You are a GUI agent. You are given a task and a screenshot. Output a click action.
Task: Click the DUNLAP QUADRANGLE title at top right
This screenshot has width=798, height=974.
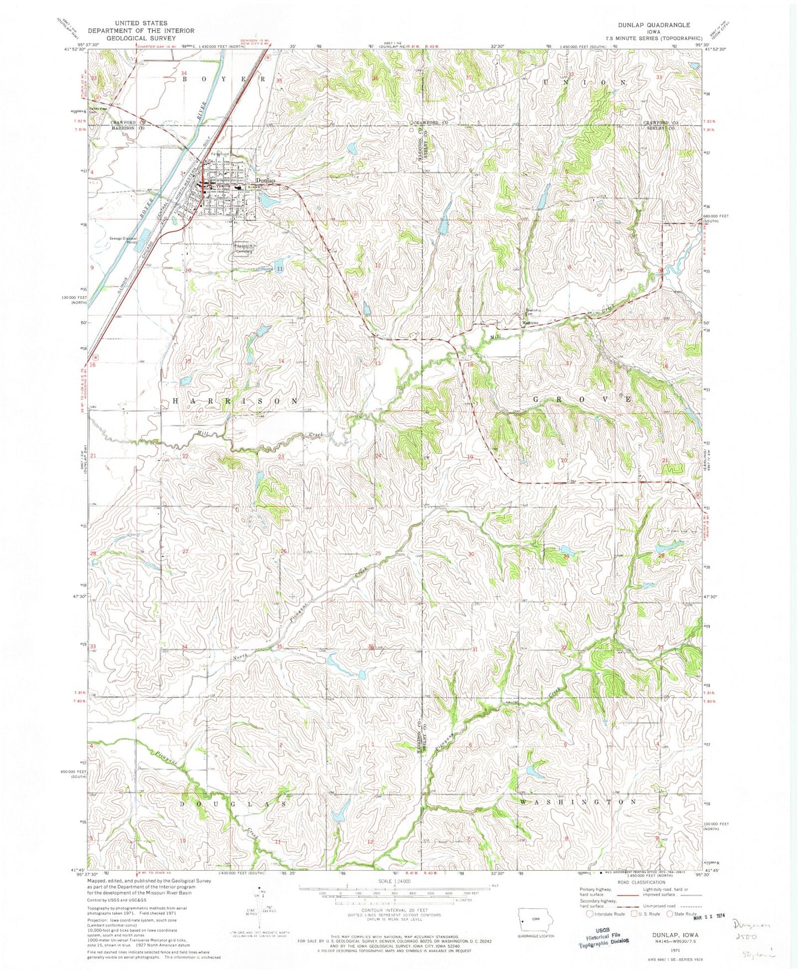pos(646,25)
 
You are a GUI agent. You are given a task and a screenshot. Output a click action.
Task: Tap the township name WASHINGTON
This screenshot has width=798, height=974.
pos(579,801)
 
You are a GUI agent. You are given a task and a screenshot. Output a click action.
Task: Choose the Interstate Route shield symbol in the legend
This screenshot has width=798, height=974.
pos(589,929)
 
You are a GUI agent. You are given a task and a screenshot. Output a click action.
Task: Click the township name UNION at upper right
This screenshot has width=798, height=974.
pos(585,82)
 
